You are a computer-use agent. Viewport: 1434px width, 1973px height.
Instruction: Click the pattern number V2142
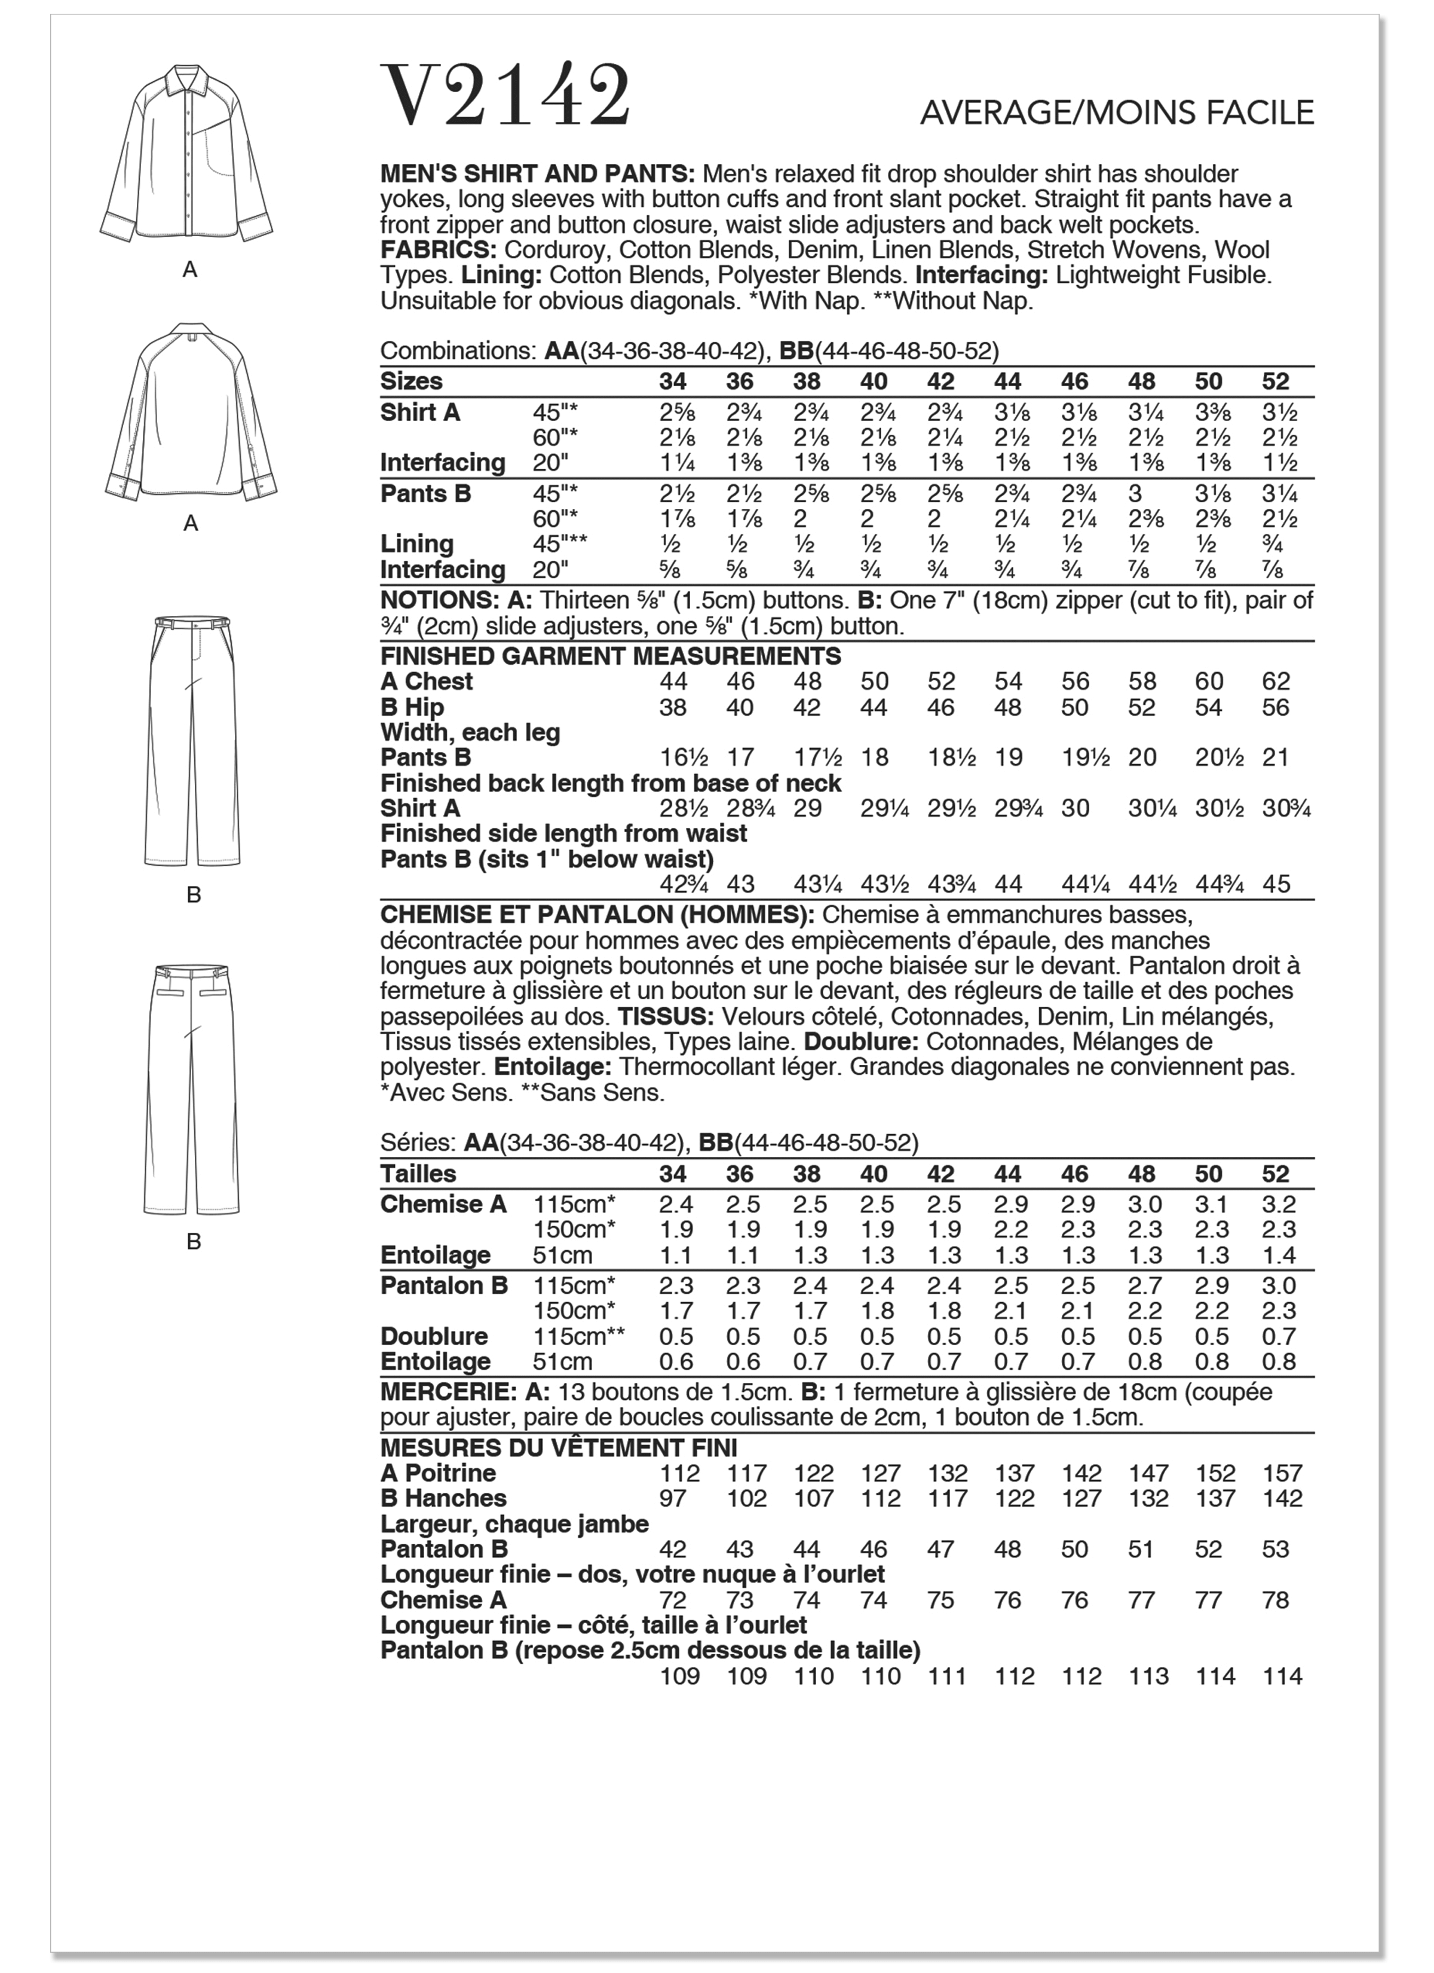tap(504, 96)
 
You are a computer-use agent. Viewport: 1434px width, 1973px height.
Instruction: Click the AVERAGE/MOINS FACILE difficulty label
tap(1117, 113)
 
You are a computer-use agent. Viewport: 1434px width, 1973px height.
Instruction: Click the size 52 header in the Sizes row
tap(1275, 382)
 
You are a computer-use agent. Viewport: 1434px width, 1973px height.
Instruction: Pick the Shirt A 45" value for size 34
tap(672, 413)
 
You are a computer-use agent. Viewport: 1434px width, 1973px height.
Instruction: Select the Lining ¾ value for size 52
tap(1275, 545)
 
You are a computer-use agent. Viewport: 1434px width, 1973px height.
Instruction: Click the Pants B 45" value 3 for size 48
tap(1134, 494)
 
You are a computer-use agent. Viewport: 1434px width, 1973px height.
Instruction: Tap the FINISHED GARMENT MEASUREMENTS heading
tap(611, 657)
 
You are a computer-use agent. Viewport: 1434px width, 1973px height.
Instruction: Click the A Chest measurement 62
tap(1275, 682)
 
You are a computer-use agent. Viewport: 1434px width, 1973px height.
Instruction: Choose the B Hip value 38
tap(672, 707)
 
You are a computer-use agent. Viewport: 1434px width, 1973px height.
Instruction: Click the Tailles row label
tap(418, 1174)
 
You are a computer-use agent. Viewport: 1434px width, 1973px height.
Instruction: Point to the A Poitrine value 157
tap(1282, 1474)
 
